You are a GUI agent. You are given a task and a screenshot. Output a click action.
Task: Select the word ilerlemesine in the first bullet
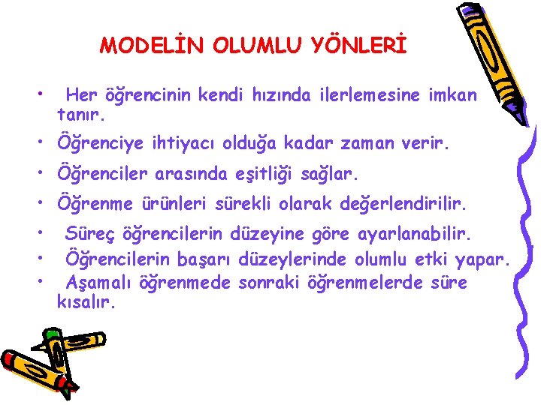[363, 95]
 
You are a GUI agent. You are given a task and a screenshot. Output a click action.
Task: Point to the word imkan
[451, 95]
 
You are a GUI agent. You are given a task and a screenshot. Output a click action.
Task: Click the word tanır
[83, 116]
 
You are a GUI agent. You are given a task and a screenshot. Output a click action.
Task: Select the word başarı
[205, 260]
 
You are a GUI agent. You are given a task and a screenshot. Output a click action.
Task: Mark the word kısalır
[86, 304]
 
